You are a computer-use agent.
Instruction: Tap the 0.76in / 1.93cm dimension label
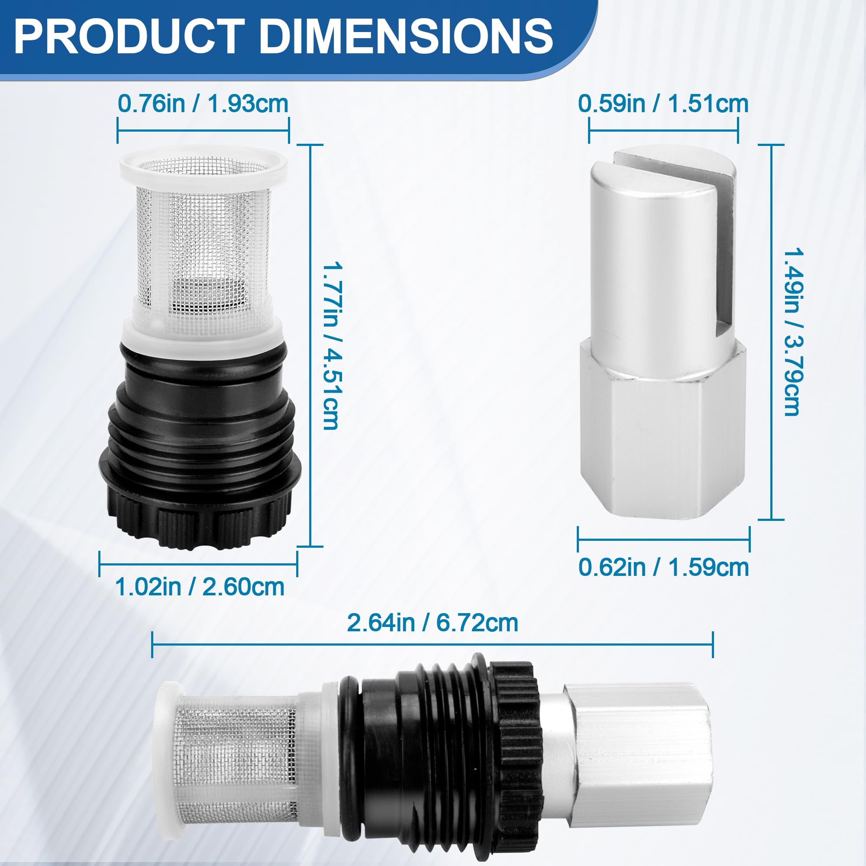coord(203,103)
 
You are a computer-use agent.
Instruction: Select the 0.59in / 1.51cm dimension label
coord(663,103)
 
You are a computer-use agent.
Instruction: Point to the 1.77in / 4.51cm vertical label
coord(331,346)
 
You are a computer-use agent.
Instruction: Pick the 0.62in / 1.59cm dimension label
coord(663,567)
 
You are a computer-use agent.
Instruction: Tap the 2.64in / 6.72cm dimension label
coord(433,623)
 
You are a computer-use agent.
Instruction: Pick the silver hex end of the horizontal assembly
coord(637,740)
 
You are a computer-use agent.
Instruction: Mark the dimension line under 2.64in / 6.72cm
coord(433,645)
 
